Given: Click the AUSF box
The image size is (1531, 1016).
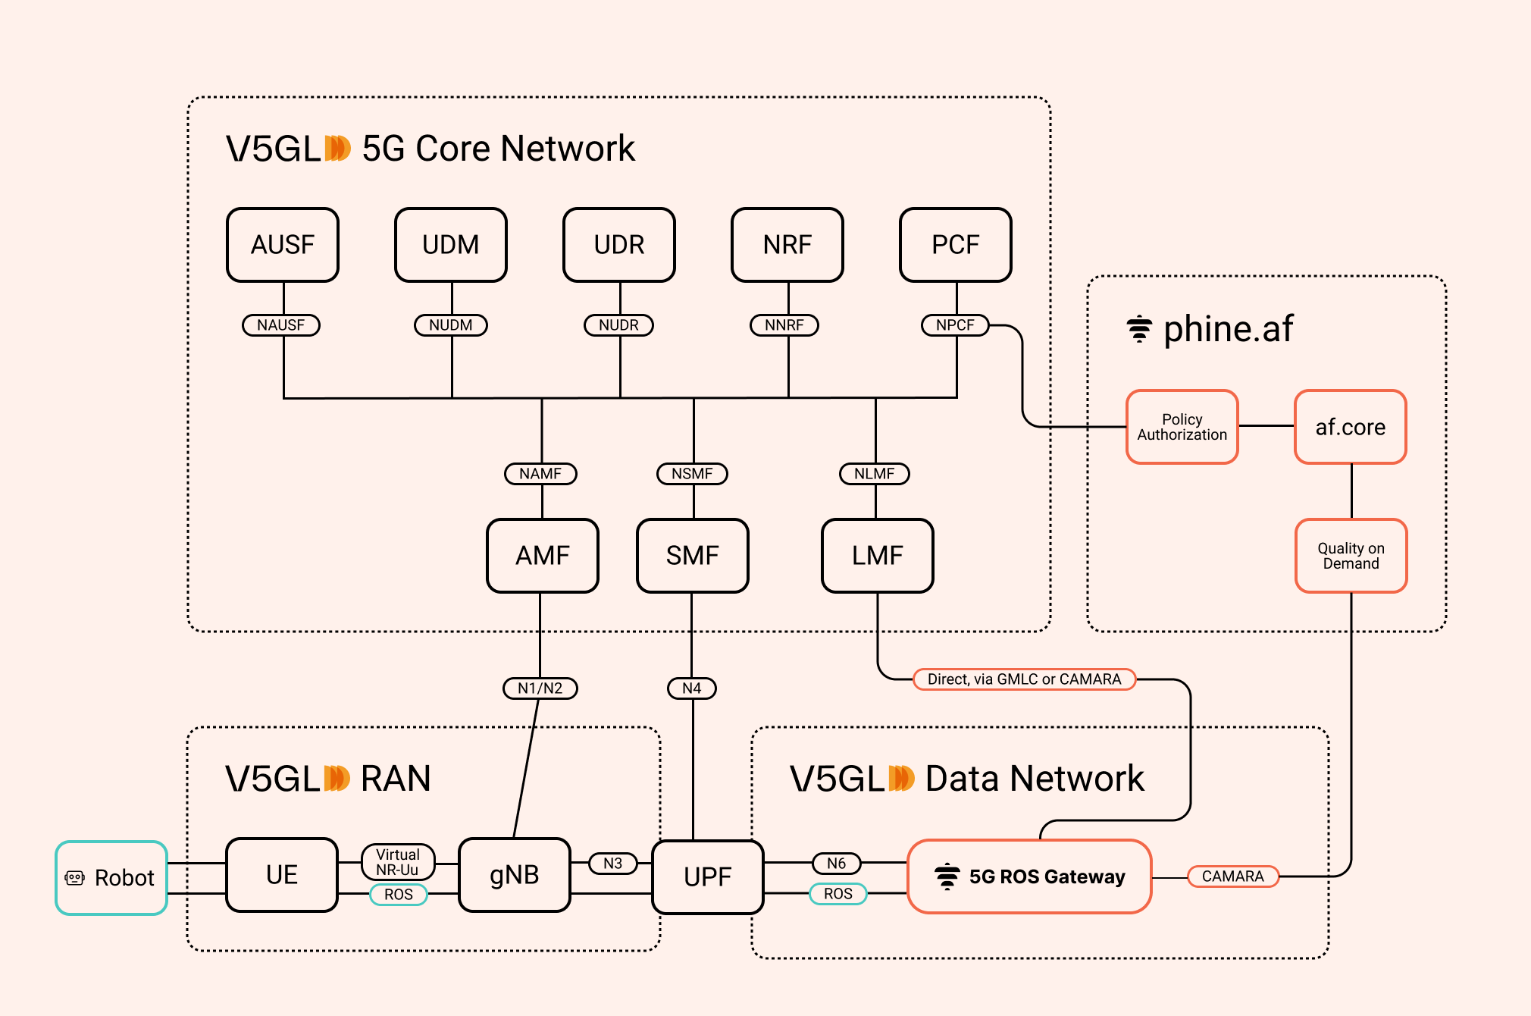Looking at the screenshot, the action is (x=283, y=245).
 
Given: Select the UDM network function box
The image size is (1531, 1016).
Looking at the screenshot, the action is (x=451, y=245).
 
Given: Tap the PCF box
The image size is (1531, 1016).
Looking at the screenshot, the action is (x=956, y=245).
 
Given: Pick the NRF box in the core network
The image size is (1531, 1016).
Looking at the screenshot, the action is (x=787, y=245).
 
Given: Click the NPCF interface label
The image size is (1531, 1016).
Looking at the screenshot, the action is (x=955, y=325).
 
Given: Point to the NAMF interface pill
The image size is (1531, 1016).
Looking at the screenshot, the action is (x=540, y=474).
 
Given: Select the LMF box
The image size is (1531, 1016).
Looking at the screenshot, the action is (x=878, y=556).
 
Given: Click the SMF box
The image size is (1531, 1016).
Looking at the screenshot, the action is (x=693, y=556).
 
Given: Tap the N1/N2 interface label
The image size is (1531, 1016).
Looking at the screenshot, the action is (x=540, y=688).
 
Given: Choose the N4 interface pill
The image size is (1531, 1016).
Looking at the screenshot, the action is (x=692, y=688).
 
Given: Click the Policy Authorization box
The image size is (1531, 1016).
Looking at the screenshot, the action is (x=1182, y=427).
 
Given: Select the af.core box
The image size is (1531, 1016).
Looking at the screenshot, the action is (x=1351, y=427).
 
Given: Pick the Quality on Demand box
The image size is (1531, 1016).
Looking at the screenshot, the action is (x=1351, y=556).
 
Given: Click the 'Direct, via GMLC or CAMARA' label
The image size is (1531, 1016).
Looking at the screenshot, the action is (x=1024, y=679).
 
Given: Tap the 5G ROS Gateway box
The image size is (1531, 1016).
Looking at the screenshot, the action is (x=1029, y=876).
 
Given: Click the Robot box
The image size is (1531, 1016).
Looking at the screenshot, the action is (x=111, y=878).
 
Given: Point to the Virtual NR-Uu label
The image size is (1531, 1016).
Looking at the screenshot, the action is (x=398, y=862).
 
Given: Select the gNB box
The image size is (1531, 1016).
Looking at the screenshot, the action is (x=515, y=875).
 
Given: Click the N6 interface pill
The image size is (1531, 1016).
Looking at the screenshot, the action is (x=837, y=864).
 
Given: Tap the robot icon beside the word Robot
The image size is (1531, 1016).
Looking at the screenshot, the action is (x=75, y=878).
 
